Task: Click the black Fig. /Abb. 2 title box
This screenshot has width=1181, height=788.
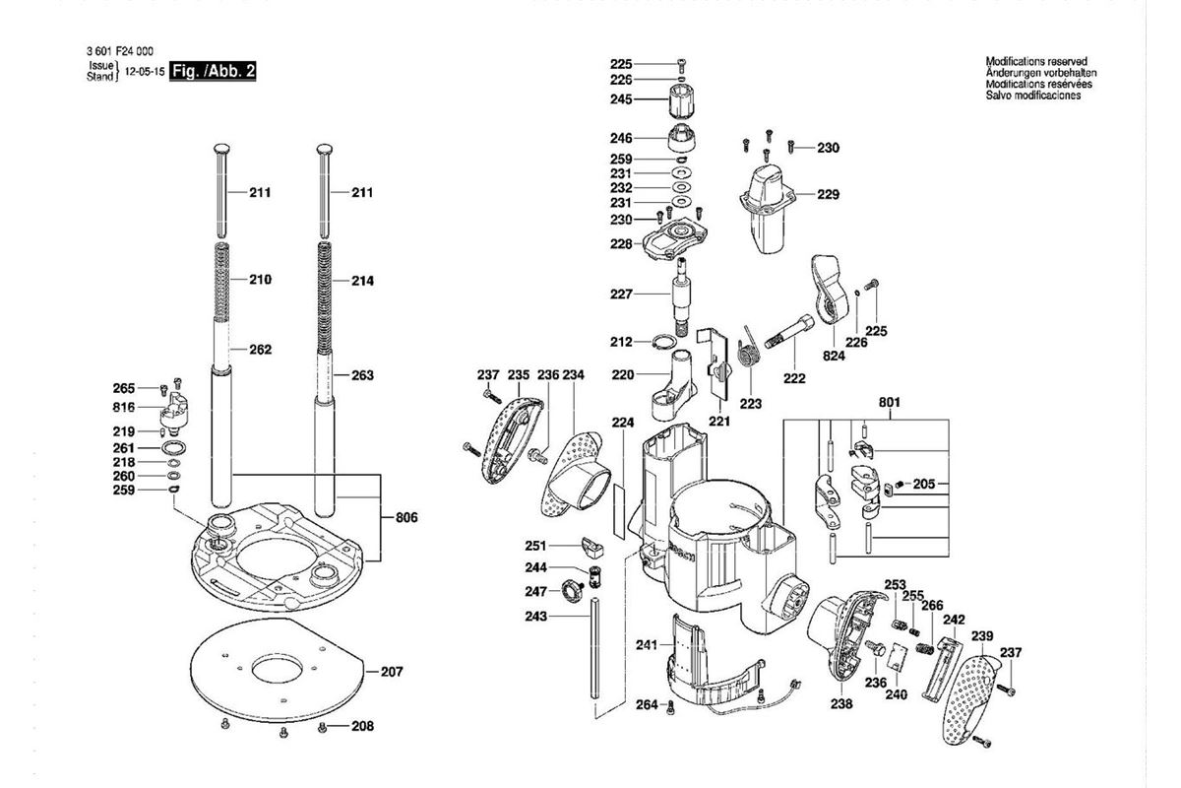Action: [x=213, y=71]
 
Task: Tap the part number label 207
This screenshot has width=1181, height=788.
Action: [x=392, y=672]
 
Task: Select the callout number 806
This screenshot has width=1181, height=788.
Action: [x=406, y=518]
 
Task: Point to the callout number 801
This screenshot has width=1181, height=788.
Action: [x=890, y=402]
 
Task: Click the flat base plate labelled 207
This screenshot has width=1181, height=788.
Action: [x=278, y=671]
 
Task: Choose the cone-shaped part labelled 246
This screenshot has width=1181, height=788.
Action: [x=682, y=137]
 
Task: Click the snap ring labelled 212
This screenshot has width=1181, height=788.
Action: [x=663, y=342]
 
